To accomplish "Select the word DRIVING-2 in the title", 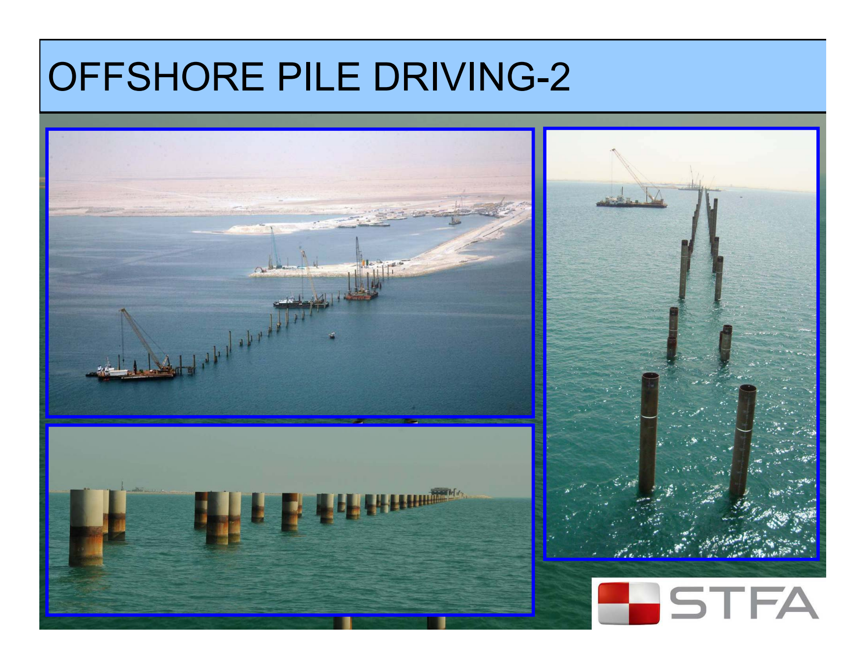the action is pyautogui.click(x=472, y=77).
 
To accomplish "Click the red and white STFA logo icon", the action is pyautogui.click(x=629, y=603).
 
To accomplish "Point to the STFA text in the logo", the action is pyautogui.click(x=745, y=603).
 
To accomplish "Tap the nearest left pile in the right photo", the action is pyautogui.click(x=648, y=433).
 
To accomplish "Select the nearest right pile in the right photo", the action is pyautogui.click(x=743, y=440).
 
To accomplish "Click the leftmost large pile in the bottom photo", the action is pyautogui.click(x=86, y=527).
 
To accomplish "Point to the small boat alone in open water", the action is pyautogui.click(x=332, y=335).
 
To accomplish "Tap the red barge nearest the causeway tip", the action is pyautogui.click(x=361, y=294).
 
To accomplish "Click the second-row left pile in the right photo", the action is pyautogui.click(x=672, y=333).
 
